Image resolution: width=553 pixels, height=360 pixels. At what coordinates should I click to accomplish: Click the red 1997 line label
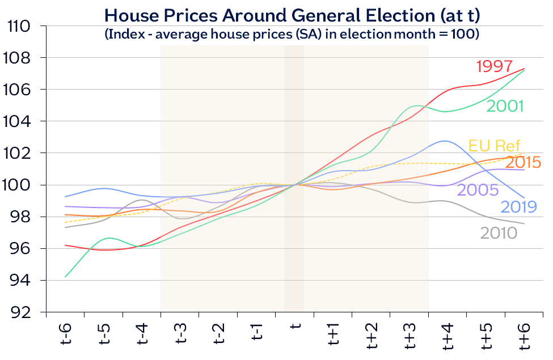coord(495,66)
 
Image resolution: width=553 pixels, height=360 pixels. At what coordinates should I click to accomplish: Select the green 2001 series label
coord(505,106)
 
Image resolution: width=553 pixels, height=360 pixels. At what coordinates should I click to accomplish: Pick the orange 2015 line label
coord(522,162)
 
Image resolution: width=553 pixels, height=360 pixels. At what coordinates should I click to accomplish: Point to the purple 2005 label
coord(478,189)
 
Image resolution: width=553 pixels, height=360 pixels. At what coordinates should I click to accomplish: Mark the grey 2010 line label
coord(499,232)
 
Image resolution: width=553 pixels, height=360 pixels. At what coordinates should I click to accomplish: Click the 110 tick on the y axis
coord(19,26)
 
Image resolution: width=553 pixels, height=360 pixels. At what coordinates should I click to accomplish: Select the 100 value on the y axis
coord(19,185)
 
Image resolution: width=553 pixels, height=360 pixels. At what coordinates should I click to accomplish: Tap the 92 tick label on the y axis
coord(23,312)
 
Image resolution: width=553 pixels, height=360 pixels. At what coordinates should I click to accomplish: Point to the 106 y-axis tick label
coord(19,90)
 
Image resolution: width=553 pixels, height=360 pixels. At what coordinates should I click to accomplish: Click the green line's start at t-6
coord(66,277)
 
